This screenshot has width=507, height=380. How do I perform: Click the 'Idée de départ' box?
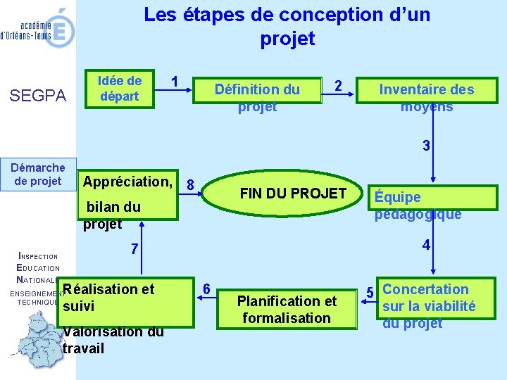click(120, 89)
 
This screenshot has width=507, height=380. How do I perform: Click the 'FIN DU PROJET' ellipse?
click(292, 194)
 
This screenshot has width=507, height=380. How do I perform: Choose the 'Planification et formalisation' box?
click(287, 309)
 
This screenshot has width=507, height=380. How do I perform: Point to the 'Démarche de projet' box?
click(38, 174)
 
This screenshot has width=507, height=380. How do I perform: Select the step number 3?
click(426, 146)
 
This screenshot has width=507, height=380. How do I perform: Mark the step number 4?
click(426, 246)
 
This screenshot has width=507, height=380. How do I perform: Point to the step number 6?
click(206, 289)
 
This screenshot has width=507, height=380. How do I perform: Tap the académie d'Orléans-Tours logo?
click(38, 28)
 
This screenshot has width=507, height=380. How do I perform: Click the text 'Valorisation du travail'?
click(113, 340)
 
